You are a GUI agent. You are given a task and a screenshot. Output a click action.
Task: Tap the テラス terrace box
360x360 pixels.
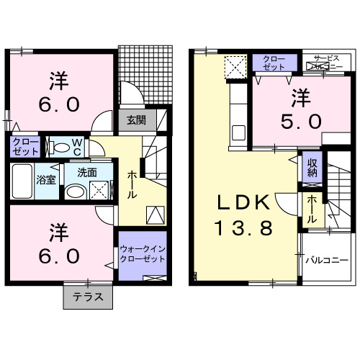[88, 295]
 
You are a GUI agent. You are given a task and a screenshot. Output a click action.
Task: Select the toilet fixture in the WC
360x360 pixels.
[63, 148]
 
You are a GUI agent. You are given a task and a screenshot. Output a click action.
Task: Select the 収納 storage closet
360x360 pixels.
[310, 171]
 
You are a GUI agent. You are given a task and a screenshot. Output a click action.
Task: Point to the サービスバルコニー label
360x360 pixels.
[325, 63]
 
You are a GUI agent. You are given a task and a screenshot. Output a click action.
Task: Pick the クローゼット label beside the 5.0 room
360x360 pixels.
[273, 62]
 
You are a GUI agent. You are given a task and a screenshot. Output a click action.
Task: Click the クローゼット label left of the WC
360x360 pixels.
[24, 148]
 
